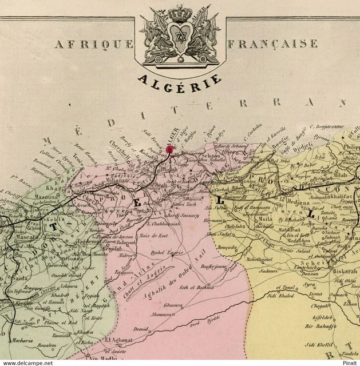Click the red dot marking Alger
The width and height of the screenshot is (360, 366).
pyautogui.click(x=169, y=149)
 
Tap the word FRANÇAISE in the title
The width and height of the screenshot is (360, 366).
pyautogui.click(x=272, y=43)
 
